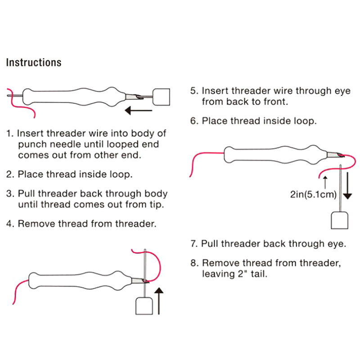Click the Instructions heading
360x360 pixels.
34,63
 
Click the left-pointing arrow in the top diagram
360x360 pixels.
138,109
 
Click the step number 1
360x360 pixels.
9,133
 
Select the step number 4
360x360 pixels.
9,223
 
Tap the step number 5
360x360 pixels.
193,91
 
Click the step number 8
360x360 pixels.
193,263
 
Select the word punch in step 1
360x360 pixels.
31,144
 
